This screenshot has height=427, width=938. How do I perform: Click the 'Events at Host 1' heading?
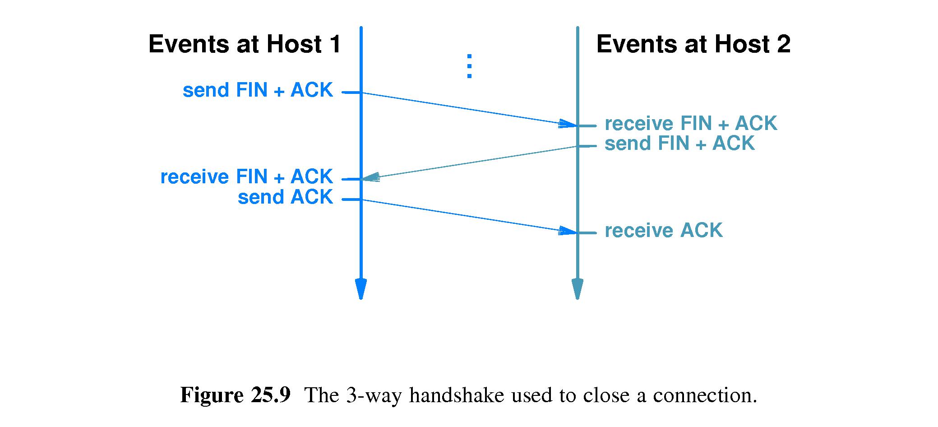245,45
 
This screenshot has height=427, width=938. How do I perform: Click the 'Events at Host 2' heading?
693,45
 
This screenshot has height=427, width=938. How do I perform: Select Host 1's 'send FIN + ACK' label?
258,90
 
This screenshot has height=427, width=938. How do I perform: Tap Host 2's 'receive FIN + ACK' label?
691,124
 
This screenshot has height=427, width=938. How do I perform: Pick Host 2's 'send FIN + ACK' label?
679,144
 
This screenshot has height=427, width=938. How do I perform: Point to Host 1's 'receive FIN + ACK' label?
246,177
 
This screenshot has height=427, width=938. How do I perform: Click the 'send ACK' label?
285,197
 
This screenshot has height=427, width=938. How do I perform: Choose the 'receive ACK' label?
663,231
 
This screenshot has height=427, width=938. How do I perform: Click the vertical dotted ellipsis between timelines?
469,66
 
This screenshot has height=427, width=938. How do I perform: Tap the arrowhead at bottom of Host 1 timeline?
360,289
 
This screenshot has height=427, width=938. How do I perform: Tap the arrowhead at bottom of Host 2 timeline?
577,289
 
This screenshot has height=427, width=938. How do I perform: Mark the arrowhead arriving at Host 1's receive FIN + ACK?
371,178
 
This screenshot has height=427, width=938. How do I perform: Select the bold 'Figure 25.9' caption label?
235,395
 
